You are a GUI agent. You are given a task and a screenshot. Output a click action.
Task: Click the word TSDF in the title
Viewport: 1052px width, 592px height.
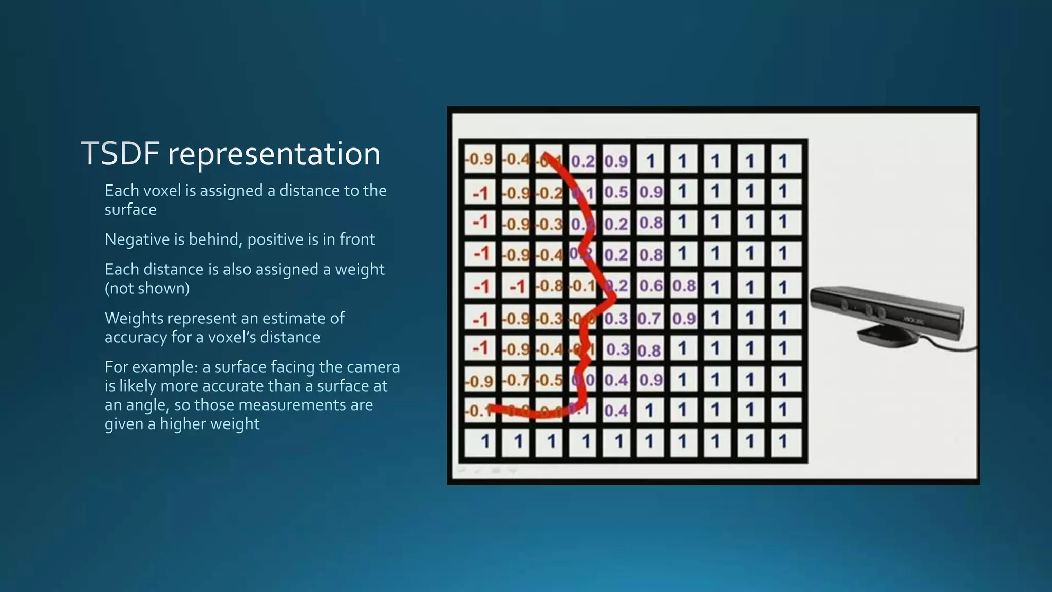tap(120, 154)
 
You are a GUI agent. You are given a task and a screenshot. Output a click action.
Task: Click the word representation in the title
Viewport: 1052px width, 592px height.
tap(274, 154)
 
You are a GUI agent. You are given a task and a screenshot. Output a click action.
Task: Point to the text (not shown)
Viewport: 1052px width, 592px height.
tap(147, 288)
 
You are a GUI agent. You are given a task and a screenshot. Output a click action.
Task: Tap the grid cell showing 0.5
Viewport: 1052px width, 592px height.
tap(616, 192)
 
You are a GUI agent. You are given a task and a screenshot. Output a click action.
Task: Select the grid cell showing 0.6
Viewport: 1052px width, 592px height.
tap(650, 286)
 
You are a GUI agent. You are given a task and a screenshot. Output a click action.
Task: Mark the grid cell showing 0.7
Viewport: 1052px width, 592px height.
tap(649, 319)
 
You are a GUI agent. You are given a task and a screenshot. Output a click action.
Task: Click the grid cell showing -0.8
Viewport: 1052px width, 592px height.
tap(550, 286)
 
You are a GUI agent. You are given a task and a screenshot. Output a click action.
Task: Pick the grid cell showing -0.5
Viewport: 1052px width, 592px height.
tap(550, 380)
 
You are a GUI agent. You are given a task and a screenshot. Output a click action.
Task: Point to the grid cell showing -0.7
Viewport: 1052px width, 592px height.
tap(516, 380)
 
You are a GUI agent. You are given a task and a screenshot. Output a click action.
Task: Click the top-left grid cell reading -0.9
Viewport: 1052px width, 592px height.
tap(480, 159)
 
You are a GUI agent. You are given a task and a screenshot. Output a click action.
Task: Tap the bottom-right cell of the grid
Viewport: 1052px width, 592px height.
tap(783, 441)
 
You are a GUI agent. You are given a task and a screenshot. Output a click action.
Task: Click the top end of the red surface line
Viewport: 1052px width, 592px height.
tap(546, 154)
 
